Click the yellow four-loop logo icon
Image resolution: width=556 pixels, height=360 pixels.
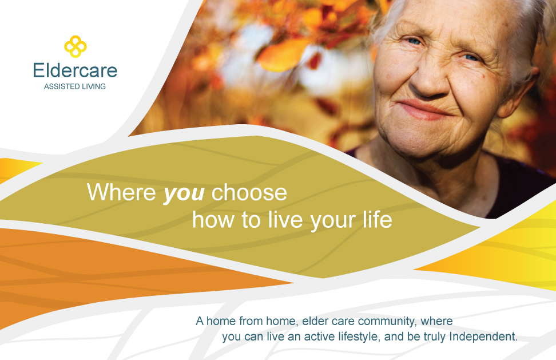[x=75, y=46]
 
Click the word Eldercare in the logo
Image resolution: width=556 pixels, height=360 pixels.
[x=75, y=70]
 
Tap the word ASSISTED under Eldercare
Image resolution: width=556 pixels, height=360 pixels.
[x=59, y=86]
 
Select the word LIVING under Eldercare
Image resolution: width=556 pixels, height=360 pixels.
[x=92, y=86]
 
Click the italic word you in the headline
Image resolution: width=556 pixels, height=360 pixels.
[x=184, y=193]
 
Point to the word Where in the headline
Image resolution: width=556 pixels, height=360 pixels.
[x=121, y=192]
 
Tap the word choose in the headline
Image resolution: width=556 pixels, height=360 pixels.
[x=249, y=192]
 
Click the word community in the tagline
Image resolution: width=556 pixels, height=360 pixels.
[x=388, y=321]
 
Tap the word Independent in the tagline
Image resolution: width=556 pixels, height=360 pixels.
[x=483, y=336]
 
